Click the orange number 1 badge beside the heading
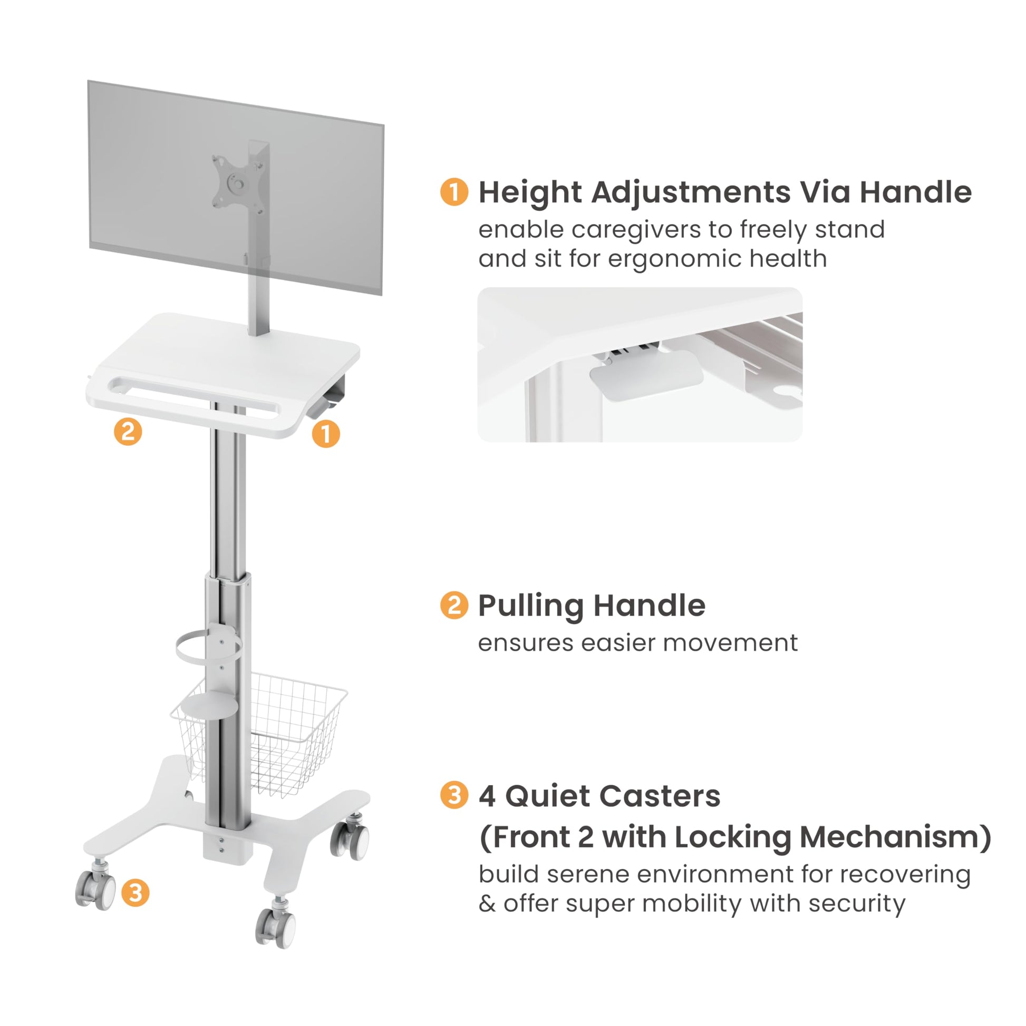[x=454, y=191]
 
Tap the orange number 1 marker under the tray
[x=325, y=434]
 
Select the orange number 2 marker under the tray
[x=128, y=431]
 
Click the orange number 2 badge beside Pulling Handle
[x=454, y=605]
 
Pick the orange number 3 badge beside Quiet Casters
[x=454, y=796]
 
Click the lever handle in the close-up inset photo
[x=646, y=373]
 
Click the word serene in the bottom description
[x=588, y=875]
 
